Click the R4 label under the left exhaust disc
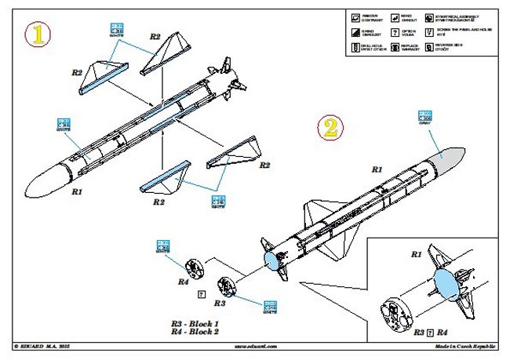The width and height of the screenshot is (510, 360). pos(182,280)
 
